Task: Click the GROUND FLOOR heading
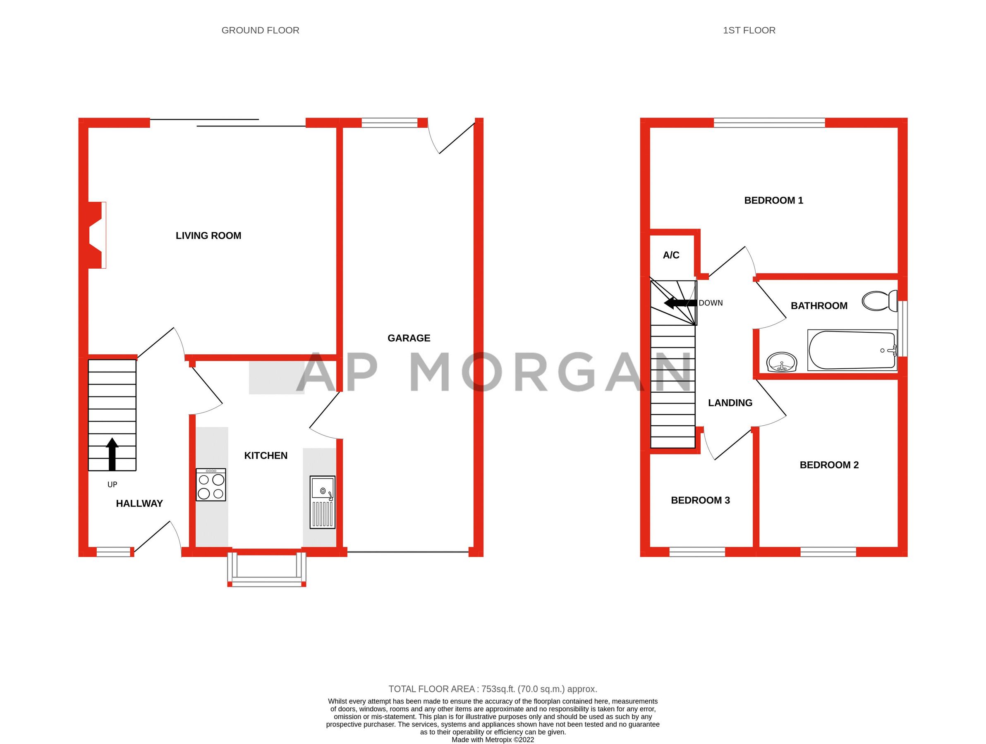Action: tap(260, 30)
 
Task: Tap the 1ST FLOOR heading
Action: tap(749, 30)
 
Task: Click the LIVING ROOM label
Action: tap(208, 236)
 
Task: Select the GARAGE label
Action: tap(409, 338)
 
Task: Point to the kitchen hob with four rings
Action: tap(211, 485)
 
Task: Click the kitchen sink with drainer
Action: tap(322, 503)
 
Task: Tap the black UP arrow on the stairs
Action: tap(112, 454)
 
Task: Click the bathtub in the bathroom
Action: tap(852, 350)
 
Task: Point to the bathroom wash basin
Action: tap(781, 361)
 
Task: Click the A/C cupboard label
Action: tap(671, 255)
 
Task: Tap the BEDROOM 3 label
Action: tap(700, 500)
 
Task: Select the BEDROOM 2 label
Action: tap(829, 465)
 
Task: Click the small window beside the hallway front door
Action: tap(114, 553)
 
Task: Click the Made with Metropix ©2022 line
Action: tap(493, 739)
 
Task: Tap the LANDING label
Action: tap(730, 403)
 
